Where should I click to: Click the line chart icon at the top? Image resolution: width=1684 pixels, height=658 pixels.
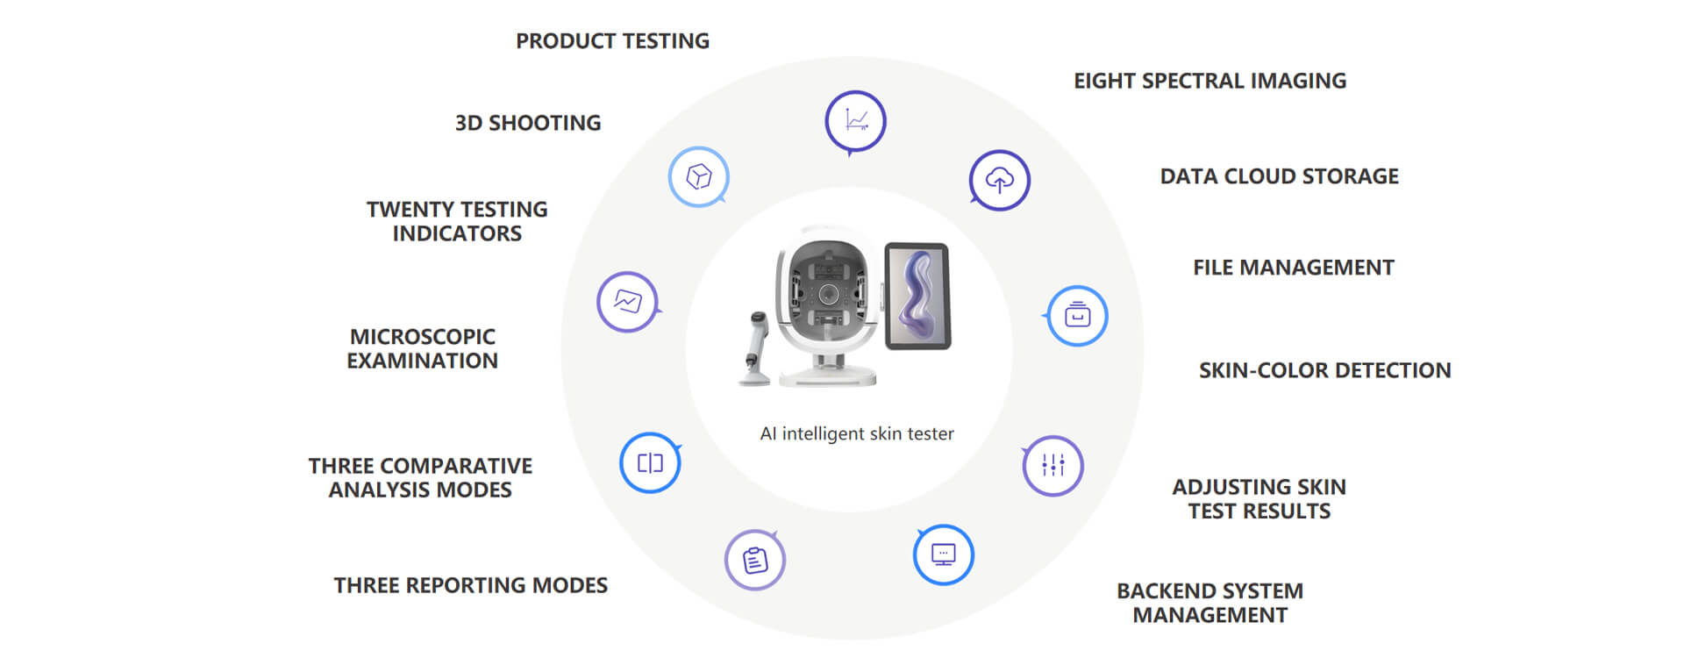(x=855, y=122)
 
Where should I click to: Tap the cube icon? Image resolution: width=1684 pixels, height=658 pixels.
(x=699, y=176)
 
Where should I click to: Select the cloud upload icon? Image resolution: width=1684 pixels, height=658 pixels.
(x=1000, y=181)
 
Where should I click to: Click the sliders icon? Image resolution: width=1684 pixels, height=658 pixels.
(x=1053, y=466)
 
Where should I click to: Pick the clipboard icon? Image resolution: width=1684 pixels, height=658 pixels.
(x=755, y=560)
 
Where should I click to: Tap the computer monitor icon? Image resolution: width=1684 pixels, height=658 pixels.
(x=944, y=554)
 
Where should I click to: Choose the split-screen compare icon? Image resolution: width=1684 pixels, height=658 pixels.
(x=650, y=462)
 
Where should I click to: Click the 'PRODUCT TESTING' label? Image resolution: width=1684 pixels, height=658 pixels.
(x=612, y=41)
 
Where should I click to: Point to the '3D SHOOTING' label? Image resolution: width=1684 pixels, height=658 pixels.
(x=528, y=123)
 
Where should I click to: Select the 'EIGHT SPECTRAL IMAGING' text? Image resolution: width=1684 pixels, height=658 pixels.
(x=1210, y=81)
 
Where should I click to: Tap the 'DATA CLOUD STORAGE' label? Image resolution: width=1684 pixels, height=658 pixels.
(x=1280, y=176)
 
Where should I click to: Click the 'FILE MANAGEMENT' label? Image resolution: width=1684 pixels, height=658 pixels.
(x=1294, y=268)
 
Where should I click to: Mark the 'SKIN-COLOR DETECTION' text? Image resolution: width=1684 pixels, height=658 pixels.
(x=1325, y=370)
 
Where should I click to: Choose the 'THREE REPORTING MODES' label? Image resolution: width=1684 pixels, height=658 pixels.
(x=471, y=585)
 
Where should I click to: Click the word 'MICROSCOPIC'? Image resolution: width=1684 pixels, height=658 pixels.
(x=423, y=337)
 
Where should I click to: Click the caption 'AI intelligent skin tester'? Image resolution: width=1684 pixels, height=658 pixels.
(x=857, y=433)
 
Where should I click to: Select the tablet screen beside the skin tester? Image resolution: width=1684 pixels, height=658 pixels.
(x=917, y=297)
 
